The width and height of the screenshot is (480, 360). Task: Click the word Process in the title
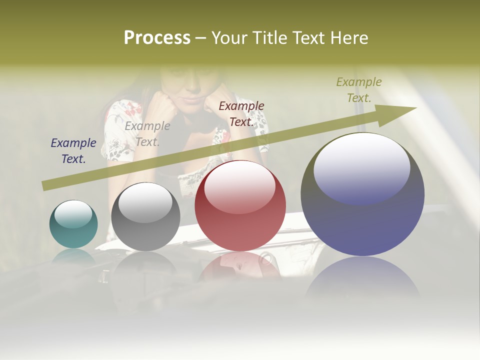coord(157,38)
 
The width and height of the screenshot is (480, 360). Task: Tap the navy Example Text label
coord(73,150)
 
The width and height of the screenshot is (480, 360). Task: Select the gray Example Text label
coord(147,133)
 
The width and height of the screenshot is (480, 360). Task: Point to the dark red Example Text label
coord(241,113)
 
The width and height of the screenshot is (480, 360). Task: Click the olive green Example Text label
coord(359,89)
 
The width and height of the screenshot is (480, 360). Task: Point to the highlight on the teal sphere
coord(73,214)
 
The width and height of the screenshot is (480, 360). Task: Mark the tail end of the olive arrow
coord(44,186)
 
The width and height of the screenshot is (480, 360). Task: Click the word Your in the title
coord(228,38)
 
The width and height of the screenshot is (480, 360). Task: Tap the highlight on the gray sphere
coord(145,202)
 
